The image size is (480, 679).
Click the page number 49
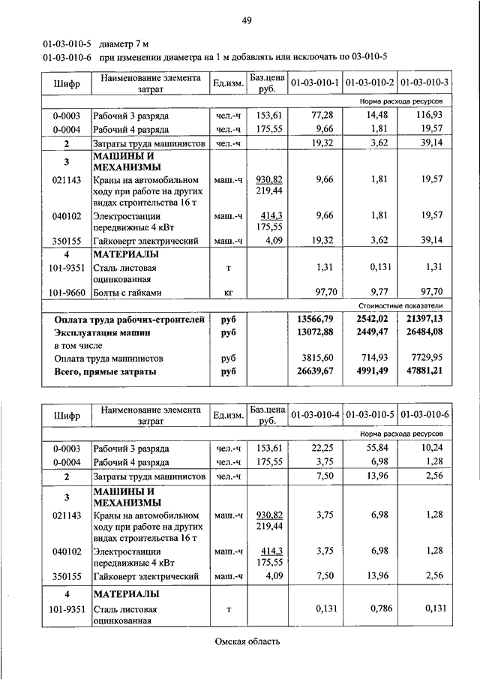[x=246, y=20]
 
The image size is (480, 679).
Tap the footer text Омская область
[x=247, y=641]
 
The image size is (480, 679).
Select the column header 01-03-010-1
[x=314, y=82]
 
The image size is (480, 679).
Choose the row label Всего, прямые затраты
[x=105, y=371]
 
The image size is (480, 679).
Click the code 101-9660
[x=66, y=293]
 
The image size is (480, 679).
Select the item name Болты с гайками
[x=127, y=293]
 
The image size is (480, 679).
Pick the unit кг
[x=228, y=293]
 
